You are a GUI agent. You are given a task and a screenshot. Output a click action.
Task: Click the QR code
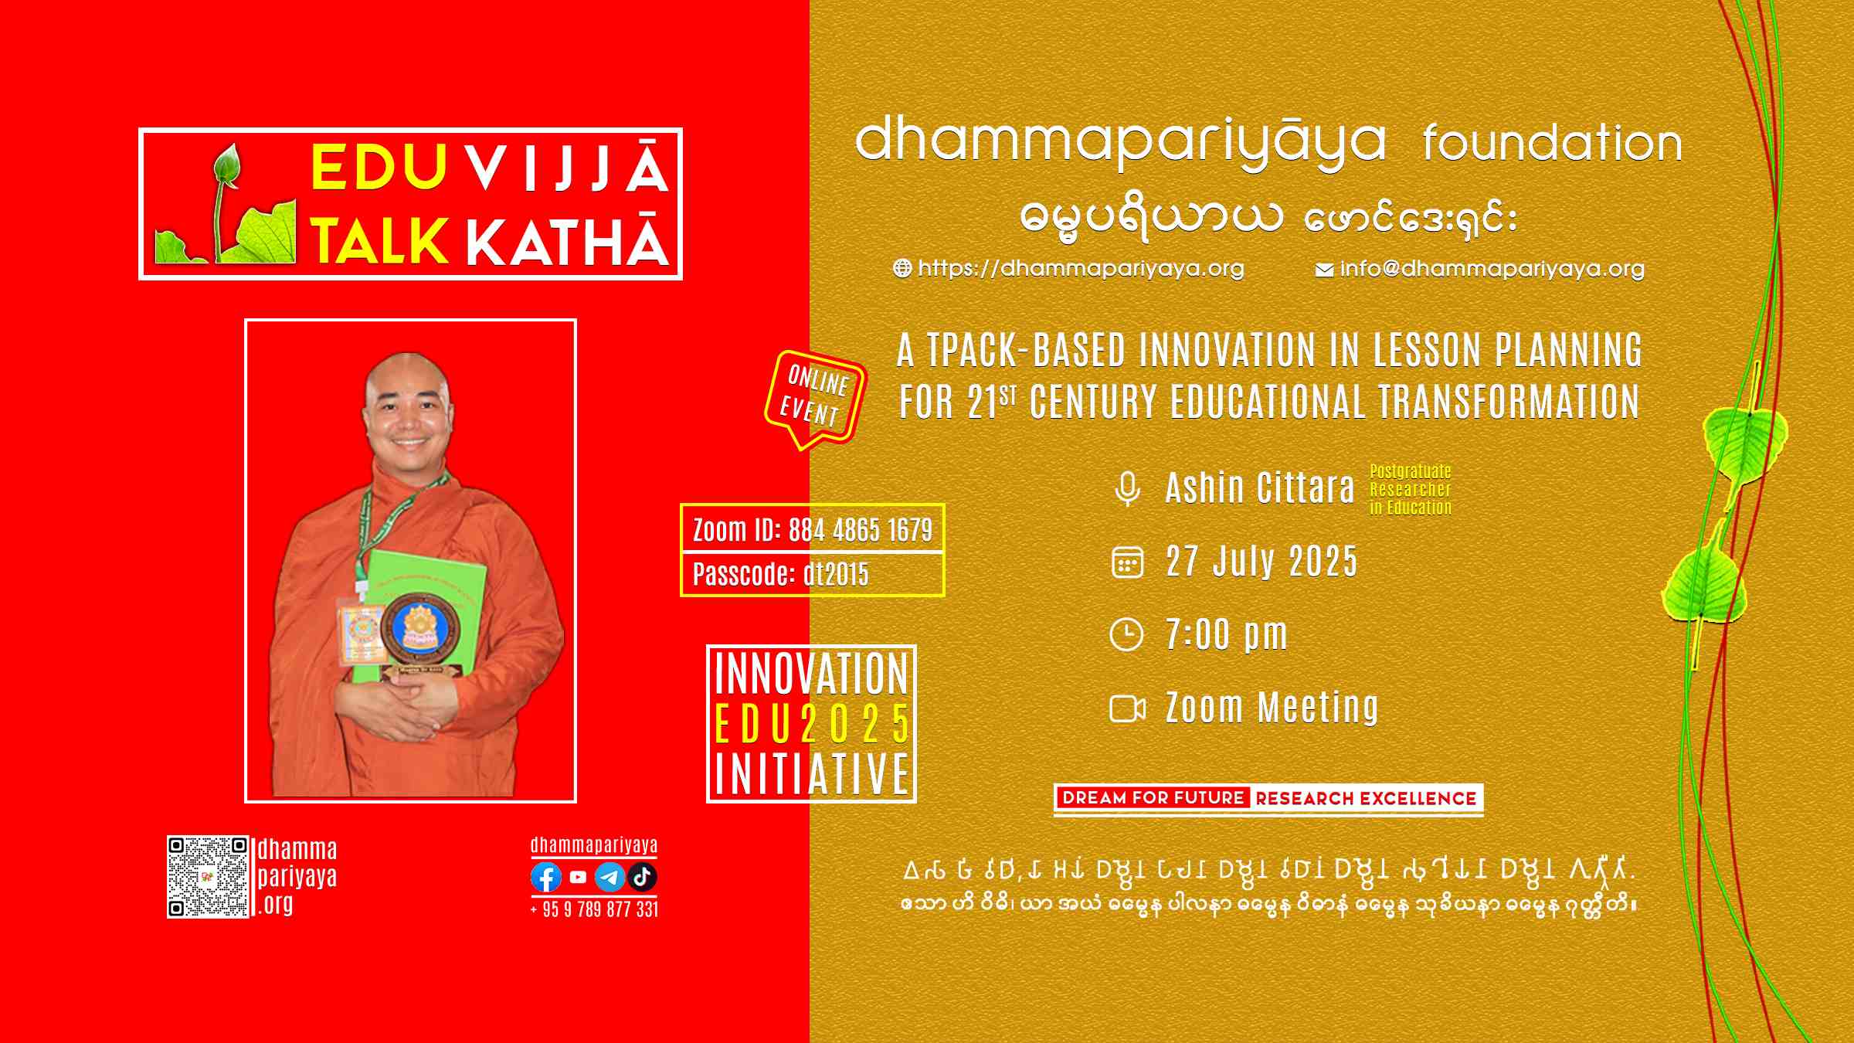208,877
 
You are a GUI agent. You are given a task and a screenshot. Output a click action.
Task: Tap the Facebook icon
546,878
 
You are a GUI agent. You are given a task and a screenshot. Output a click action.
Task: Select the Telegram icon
610,878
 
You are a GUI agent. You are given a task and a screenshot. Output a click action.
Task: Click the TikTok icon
642,878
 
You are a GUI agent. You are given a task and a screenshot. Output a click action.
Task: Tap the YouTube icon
578,878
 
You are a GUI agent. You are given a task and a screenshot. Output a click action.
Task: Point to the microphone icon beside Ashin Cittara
1127,489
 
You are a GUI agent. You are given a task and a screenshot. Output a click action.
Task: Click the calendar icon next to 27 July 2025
1127,562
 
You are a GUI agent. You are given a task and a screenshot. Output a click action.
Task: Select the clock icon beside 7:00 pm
1126,635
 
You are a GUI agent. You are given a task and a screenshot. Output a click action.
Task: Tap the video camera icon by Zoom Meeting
1127,708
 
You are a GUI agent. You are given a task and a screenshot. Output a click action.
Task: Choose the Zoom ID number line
812,530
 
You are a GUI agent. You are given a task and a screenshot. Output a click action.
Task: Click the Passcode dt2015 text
780,575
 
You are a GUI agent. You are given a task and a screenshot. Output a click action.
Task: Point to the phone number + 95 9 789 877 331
594,909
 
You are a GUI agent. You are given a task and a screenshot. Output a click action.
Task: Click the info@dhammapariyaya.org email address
1480,269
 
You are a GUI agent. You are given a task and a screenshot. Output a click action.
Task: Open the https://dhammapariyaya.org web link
1069,268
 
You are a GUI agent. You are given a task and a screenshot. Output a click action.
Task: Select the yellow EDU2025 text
811,724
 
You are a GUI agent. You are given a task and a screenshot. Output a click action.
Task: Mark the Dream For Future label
1153,798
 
